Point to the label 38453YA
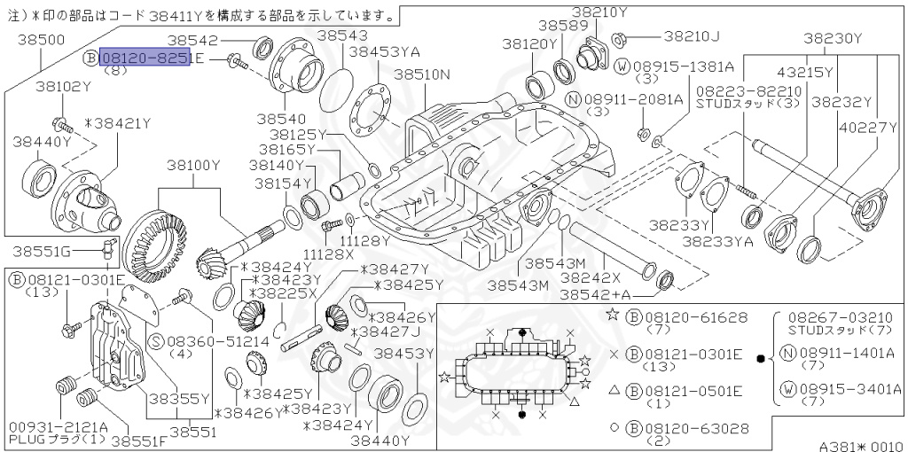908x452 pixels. (x=384, y=52)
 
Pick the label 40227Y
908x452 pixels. (x=870, y=126)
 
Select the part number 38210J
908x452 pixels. (x=692, y=36)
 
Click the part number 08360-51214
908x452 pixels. (x=200, y=340)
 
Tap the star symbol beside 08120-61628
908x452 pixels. (x=612, y=316)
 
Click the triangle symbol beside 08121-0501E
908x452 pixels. (x=613, y=390)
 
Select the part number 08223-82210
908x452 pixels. (x=748, y=91)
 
